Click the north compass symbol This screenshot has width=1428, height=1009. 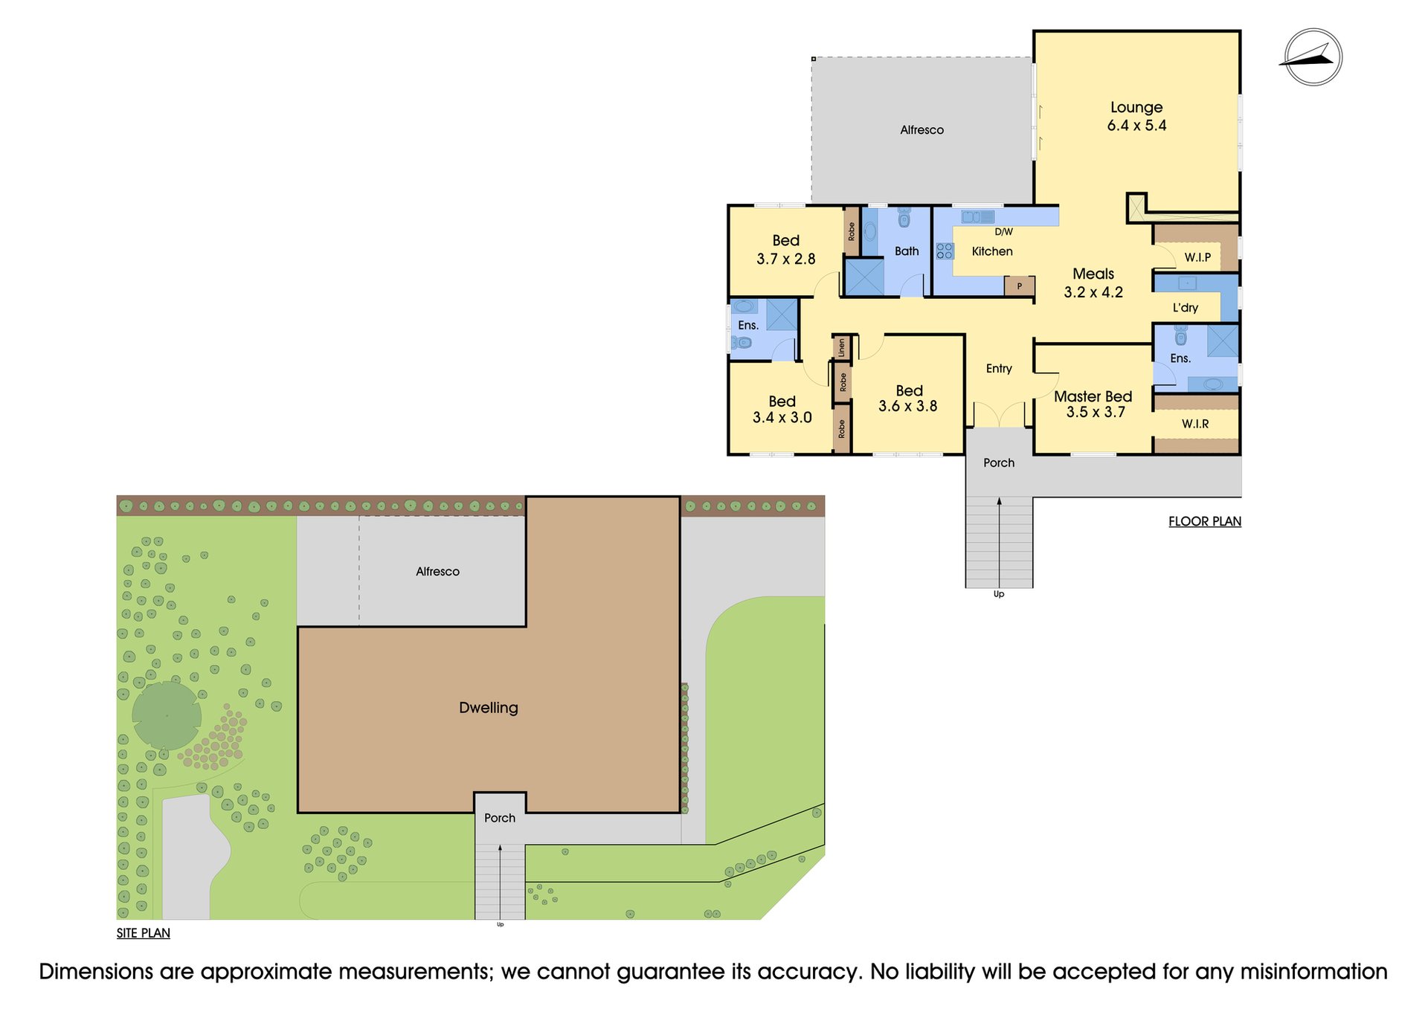point(1313,57)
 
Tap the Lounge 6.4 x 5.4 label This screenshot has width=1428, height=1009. point(1136,116)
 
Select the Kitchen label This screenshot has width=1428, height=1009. point(992,251)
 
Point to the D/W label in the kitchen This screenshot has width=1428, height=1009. point(1003,232)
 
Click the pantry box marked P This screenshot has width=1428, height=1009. point(1019,286)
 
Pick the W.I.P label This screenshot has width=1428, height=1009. point(1197,257)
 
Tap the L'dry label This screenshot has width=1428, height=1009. point(1186,307)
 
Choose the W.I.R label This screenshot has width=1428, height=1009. point(1195,424)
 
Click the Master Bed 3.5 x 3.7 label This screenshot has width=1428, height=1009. point(1093,404)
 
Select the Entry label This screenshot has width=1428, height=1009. point(999,368)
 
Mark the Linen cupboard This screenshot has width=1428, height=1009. point(841,347)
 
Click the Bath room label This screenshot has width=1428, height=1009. point(907,251)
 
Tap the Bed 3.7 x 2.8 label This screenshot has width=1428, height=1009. point(786,250)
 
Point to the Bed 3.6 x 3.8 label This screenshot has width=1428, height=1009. point(908,399)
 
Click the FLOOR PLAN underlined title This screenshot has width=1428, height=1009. point(1205,521)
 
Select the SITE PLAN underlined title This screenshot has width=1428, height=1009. point(144,933)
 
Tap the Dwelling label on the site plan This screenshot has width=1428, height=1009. point(489,708)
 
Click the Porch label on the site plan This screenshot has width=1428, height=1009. point(500,818)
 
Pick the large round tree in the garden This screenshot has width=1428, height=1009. point(167,715)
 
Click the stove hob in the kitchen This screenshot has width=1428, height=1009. point(945,251)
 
